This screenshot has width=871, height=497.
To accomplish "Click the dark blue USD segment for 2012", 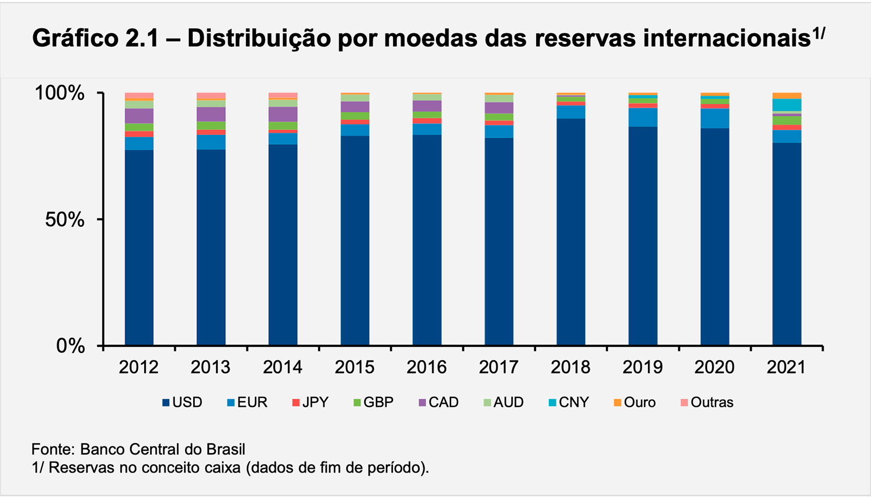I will pos(139,247).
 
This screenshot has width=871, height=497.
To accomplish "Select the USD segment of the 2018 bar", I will pos(571,232).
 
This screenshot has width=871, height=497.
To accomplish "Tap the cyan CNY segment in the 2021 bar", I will pos(787,104).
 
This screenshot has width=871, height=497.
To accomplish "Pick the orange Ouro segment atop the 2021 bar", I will pos(787,96).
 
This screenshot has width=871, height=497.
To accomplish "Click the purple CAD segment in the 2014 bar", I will pos(283,114).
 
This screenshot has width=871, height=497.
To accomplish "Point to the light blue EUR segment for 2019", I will pos(642,117).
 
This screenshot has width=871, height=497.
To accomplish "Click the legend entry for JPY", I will pos(310,402).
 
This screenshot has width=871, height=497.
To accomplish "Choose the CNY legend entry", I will pos(568,402).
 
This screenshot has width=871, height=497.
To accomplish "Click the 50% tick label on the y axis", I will pos(65,220).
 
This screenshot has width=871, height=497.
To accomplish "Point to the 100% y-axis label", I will pos(60,93).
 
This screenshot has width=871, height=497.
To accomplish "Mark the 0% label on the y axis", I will pos(70,346).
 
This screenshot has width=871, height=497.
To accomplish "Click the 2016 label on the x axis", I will pos(427,368).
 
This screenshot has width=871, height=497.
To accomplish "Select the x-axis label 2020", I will pos(714,368).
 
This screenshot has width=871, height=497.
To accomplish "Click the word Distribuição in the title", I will pos(259,39).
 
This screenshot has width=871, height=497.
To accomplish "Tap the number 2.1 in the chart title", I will pos(142,39).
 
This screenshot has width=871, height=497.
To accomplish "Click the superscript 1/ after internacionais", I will pos(819,33).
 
